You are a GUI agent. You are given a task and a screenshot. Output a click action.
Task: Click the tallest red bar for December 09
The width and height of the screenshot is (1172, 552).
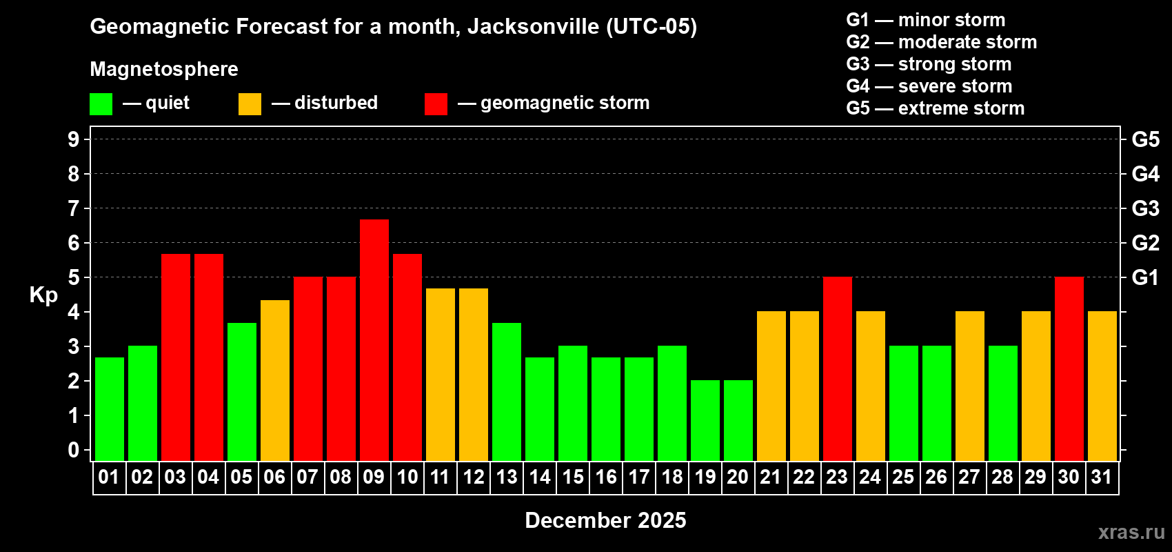374,339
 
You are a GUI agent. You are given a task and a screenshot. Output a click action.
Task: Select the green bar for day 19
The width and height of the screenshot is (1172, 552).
705,420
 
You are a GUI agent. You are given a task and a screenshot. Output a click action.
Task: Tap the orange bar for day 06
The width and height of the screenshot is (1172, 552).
275,380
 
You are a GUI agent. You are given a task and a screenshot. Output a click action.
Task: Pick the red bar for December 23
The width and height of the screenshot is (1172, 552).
838,368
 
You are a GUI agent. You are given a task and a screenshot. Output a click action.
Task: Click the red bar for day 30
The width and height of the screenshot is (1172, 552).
1069,368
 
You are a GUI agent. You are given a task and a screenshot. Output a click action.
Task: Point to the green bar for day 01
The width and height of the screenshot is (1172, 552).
110,408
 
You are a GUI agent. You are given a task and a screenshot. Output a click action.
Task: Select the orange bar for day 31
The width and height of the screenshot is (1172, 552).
1102,386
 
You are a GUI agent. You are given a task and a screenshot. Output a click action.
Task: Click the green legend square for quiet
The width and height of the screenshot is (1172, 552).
101,104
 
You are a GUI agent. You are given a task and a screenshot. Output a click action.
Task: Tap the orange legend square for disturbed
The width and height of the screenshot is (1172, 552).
250,104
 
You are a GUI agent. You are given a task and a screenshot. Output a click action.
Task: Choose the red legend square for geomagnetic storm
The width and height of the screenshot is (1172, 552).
436,104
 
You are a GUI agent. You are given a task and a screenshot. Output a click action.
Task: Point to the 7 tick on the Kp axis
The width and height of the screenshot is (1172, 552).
74,208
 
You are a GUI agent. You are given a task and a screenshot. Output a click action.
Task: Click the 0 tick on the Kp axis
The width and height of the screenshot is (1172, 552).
74,450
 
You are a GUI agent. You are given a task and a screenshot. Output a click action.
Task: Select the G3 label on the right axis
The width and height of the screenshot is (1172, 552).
1145,208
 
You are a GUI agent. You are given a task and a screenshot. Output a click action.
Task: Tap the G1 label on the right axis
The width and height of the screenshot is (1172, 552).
1145,277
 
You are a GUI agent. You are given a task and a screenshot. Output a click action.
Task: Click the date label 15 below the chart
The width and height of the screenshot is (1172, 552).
573,477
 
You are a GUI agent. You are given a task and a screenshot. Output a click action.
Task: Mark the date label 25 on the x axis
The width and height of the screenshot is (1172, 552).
903,477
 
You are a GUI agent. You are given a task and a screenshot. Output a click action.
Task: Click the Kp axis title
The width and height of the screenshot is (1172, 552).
43,295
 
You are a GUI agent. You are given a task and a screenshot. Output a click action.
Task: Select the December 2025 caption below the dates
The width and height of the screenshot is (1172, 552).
605,520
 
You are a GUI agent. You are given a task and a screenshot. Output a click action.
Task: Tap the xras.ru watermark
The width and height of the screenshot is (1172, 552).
1131,531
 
